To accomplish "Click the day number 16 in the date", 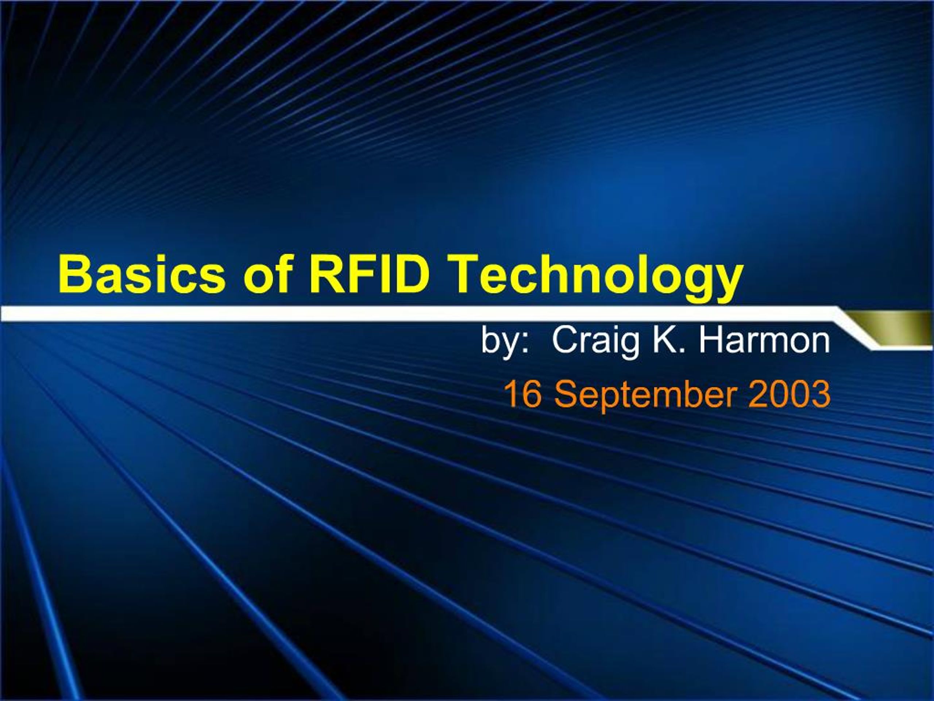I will point(522,394).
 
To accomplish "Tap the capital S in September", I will point(564,394).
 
